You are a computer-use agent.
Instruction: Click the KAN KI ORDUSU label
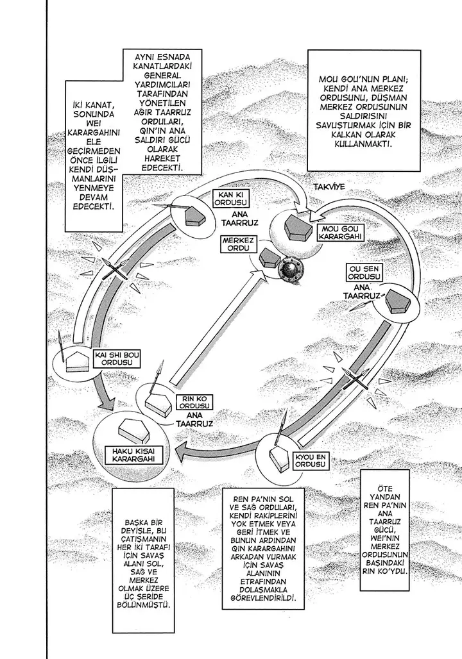point(231,198)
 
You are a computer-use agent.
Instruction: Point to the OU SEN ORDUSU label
point(363,272)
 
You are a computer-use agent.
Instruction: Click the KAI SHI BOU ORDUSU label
point(112,358)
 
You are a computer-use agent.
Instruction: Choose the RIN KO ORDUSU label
point(195,402)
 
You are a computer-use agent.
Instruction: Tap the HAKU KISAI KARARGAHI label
point(132,455)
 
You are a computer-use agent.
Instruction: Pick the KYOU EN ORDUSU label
point(311,461)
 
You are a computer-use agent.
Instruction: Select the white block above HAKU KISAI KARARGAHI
point(131,430)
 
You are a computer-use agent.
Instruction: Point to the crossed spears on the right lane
point(355,380)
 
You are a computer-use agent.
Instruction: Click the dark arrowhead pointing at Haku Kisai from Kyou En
point(183,451)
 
